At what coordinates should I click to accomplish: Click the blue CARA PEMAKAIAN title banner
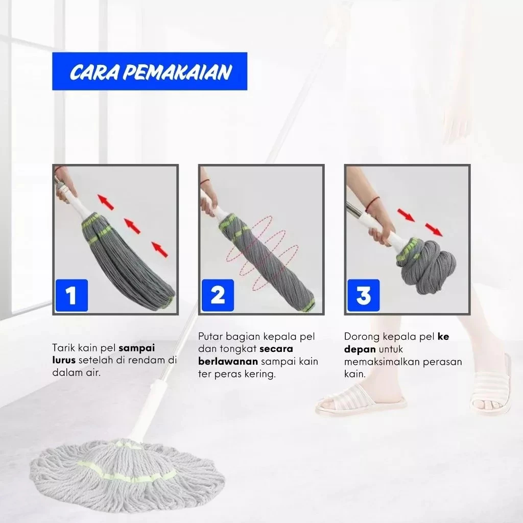[x=150, y=71]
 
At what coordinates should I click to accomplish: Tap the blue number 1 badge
[x=72, y=296]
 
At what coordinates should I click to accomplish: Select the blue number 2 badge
[x=218, y=296]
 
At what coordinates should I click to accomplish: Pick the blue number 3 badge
[x=364, y=296]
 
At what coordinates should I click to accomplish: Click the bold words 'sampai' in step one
[x=137, y=348]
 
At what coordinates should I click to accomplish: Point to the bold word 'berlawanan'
[x=228, y=362]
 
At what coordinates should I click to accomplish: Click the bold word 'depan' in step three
[x=360, y=349]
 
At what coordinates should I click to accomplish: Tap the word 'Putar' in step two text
[x=210, y=337]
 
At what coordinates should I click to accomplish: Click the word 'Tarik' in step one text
[x=64, y=348]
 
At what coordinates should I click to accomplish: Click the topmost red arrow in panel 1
[x=106, y=202]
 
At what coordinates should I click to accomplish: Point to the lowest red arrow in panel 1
[x=160, y=249]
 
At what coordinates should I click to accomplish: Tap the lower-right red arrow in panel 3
[x=434, y=229]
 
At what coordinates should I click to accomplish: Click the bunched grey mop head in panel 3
[x=425, y=267]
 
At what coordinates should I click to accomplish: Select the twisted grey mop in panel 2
[x=267, y=260]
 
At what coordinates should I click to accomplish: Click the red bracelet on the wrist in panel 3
[x=372, y=203]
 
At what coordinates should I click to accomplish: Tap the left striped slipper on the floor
[x=361, y=399]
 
